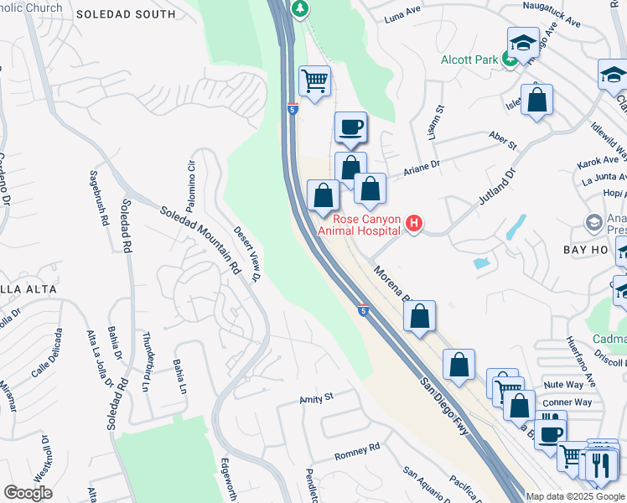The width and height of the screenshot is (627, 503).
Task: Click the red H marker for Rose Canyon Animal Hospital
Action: (413, 224)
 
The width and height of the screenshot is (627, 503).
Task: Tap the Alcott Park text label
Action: (470, 60)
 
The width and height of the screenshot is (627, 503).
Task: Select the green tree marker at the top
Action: (299, 8)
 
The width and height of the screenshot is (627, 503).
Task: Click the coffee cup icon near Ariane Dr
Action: (350, 127)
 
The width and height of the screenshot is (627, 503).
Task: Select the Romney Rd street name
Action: (357, 452)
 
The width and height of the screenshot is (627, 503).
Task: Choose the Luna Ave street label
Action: (402, 17)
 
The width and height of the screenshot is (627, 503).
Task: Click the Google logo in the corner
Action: (28, 492)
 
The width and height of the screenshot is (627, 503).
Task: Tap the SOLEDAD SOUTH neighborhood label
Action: (138, 14)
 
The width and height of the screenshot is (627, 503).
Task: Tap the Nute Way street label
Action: (562, 384)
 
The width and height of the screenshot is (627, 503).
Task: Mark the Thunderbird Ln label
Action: (148, 367)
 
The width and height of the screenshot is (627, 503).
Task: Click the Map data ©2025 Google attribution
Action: (575, 496)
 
